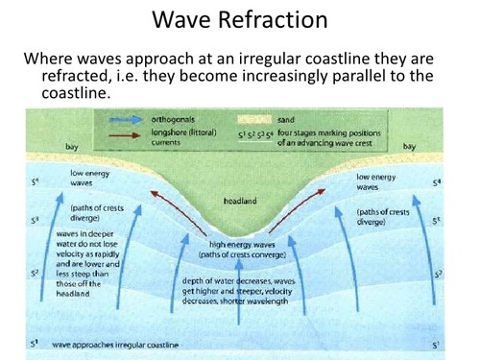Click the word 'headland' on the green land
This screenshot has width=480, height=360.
tap(240, 201)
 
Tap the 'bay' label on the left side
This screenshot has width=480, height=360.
tap(72, 147)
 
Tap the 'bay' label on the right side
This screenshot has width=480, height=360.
tap(409, 146)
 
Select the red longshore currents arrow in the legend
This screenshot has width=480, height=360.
tap(125, 136)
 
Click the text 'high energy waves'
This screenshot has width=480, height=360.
tap(242, 245)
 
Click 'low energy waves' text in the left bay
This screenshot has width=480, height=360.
tap(89, 178)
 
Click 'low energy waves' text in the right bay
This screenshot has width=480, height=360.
tap(376, 182)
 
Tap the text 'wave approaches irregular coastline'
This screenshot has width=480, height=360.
tap(115, 345)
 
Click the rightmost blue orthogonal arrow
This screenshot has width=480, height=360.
tap(425, 250)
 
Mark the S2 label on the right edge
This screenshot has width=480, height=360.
tap(438, 274)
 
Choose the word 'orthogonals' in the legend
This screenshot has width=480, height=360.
tap(173, 119)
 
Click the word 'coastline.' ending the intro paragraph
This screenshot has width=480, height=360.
tap(76, 93)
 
